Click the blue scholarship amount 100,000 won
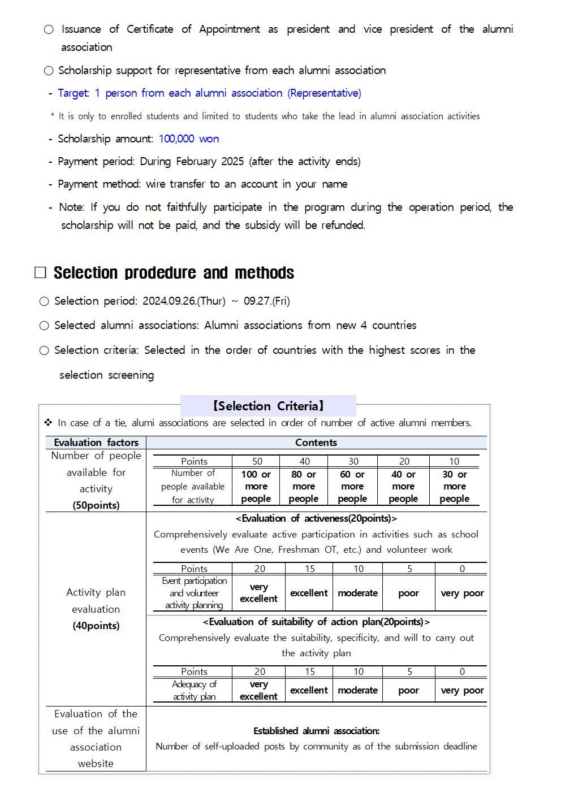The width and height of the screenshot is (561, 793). pyautogui.click(x=188, y=139)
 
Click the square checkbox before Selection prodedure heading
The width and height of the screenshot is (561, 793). pyautogui.click(x=40, y=273)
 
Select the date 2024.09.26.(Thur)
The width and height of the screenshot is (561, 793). pyautogui.click(x=184, y=301)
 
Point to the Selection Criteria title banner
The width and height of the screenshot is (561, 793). pyautogui.click(x=268, y=406)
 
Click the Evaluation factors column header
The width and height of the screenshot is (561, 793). pyautogui.click(x=96, y=443)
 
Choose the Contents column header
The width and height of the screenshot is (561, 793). pyautogui.click(x=316, y=443)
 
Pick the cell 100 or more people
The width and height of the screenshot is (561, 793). pyautogui.click(x=256, y=487)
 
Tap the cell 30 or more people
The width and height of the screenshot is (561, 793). pyautogui.click(x=455, y=487)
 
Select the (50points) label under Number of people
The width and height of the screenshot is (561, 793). pyautogui.click(x=96, y=505)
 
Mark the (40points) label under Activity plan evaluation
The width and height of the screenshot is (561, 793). pyautogui.click(x=96, y=626)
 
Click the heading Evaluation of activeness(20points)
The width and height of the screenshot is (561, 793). pyautogui.click(x=316, y=518)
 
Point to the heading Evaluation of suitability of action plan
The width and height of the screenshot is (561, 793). pyautogui.click(x=316, y=622)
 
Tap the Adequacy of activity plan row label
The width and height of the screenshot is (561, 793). pyautogui.click(x=194, y=690)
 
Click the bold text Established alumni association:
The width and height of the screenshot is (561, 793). pyautogui.click(x=316, y=731)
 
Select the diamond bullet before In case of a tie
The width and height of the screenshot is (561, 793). pyautogui.click(x=48, y=423)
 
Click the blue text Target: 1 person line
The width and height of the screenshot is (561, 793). pyautogui.click(x=209, y=93)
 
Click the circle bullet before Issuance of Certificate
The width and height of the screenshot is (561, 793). pyautogui.click(x=49, y=29)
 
